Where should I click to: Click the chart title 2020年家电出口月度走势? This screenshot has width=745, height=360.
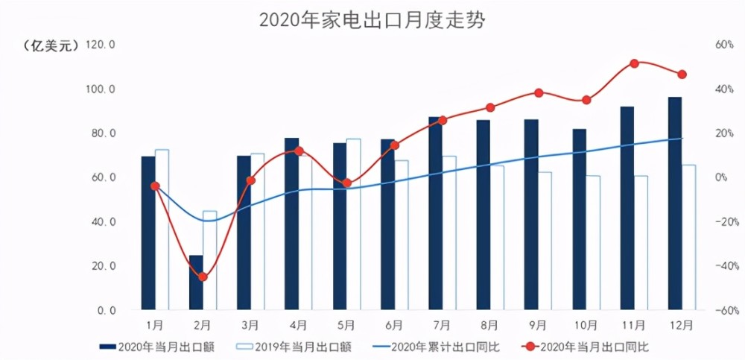point(372,20)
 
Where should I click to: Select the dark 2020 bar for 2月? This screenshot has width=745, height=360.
point(196,282)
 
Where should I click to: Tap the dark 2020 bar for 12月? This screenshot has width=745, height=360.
point(674,203)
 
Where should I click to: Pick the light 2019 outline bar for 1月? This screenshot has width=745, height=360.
point(162,229)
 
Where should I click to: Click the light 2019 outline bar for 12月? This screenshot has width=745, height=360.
point(688,237)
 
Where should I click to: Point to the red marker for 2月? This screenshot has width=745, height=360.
point(203,277)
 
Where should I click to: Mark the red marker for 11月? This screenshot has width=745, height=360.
point(634,63)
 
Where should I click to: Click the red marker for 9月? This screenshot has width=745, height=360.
point(539,93)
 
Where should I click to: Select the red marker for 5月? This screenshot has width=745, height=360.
point(346,183)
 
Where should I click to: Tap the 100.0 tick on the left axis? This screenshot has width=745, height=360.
point(101,89)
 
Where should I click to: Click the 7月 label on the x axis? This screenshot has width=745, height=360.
point(442,325)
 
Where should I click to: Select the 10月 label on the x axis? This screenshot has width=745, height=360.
point(586,325)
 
